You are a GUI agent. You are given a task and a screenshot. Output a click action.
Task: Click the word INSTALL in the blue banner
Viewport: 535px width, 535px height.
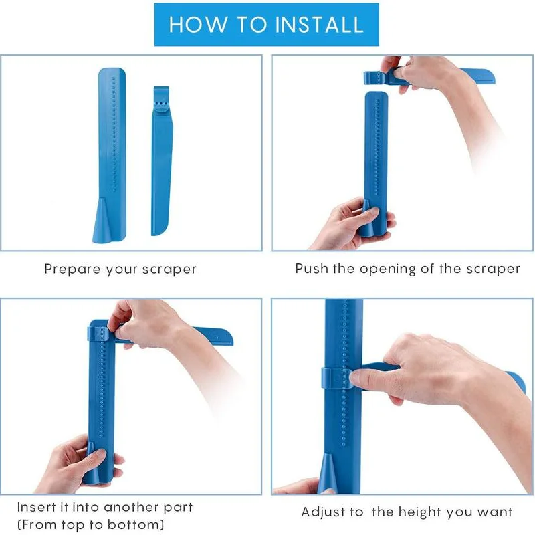point(320,25)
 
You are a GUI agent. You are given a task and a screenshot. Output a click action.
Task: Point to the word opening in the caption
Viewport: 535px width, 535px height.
point(388,270)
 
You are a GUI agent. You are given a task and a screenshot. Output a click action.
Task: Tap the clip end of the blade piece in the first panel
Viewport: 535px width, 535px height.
point(161,98)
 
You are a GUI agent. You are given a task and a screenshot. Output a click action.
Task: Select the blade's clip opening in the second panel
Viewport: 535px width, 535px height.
point(374,78)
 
